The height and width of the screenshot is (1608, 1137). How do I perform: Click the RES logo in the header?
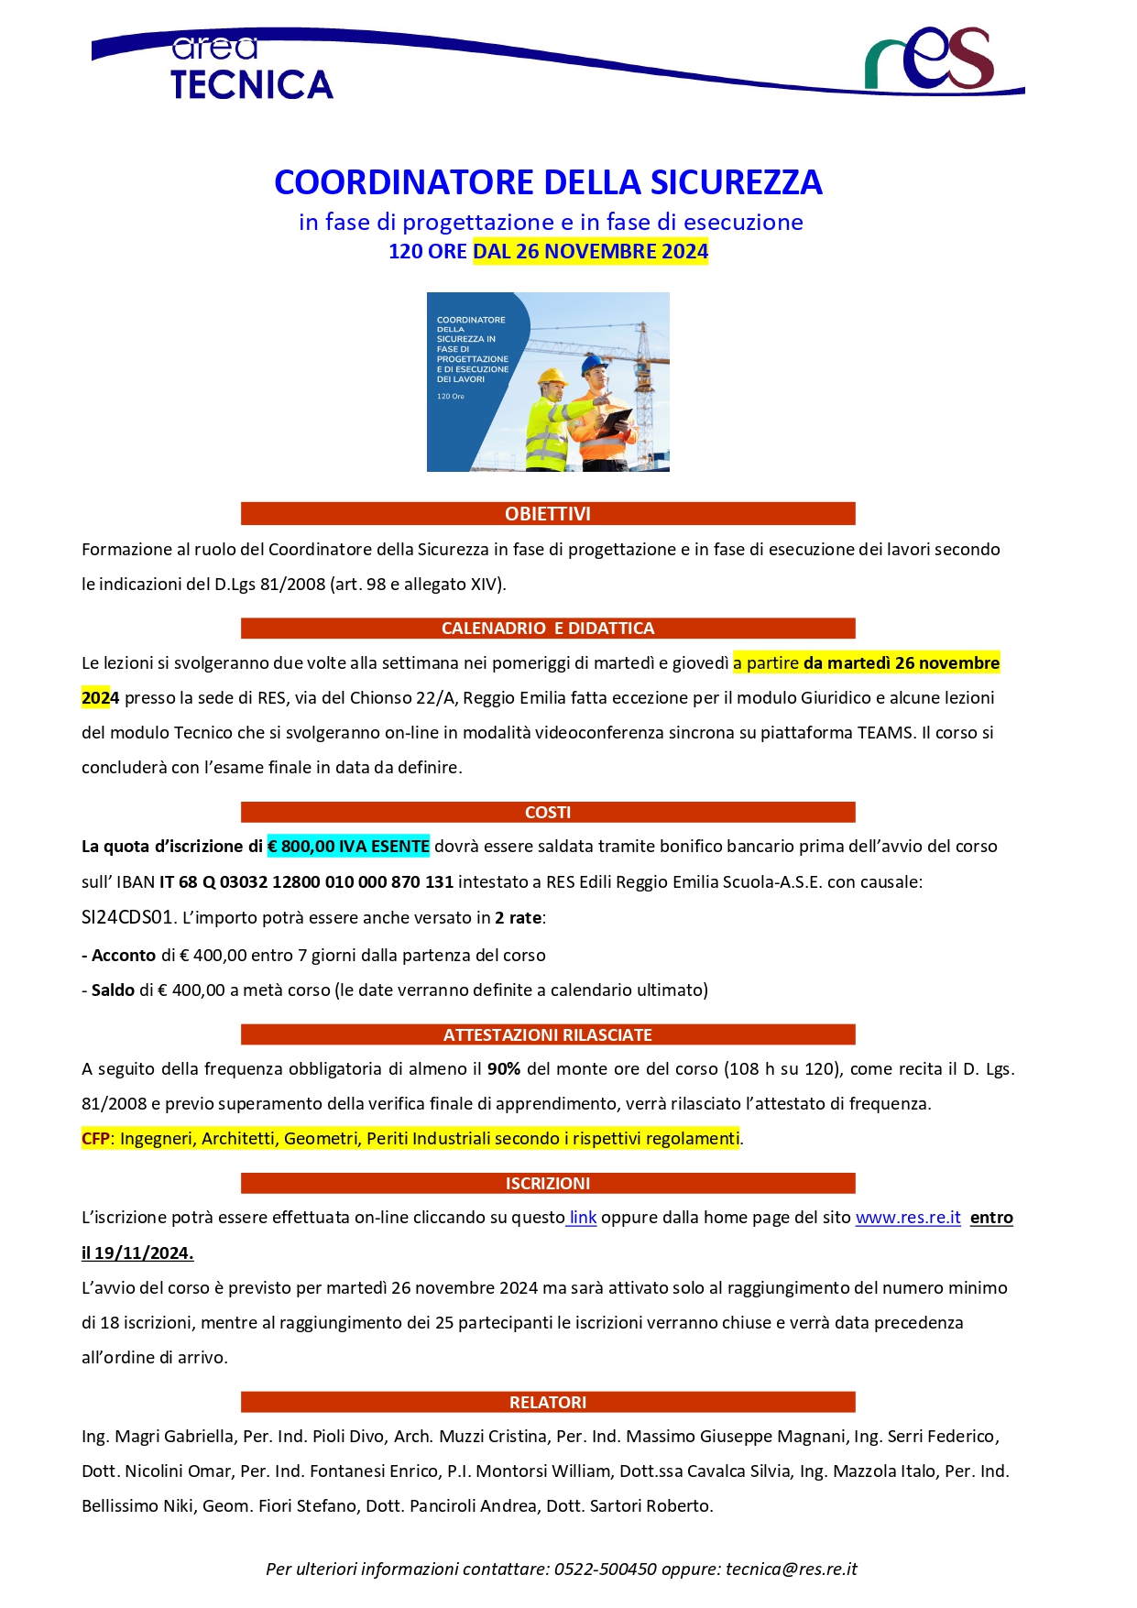pyautogui.click(x=929, y=60)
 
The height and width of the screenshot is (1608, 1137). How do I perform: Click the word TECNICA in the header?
pyautogui.click(x=252, y=85)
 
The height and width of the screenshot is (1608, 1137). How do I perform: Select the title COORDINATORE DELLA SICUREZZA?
pyautogui.click(x=548, y=182)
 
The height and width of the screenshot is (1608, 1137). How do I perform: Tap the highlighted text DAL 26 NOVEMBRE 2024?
pyautogui.click(x=590, y=252)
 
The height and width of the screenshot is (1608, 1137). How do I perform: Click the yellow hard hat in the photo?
pyautogui.click(x=552, y=377)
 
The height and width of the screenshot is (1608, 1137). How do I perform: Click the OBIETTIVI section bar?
pyautogui.click(x=548, y=514)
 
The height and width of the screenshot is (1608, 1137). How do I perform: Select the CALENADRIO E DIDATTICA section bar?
pyautogui.click(x=548, y=629)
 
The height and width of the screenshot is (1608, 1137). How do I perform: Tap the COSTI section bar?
pyautogui.click(x=548, y=813)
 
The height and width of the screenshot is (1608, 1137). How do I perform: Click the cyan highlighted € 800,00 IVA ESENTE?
pyautogui.click(x=348, y=847)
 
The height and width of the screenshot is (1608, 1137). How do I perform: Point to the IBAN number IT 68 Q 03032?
pyautogui.click(x=306, y=882)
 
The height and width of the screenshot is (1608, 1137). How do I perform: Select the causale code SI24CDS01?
pyautogui.click(x=127, y=917)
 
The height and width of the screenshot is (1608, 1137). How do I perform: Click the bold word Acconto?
pyautogui.click(x=124, y=956)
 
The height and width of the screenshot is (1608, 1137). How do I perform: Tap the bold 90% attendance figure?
pyautogui.click(x=504, y=1069)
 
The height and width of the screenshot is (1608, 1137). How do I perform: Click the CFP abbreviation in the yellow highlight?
pyautogui.click(x=95, y=1139)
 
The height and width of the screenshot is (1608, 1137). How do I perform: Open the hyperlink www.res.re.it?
pyautogui.click(x=908, y=1218)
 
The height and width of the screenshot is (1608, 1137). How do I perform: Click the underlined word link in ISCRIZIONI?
pyautogui.click(x=583, y=1218)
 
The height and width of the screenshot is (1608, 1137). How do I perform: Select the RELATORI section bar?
pyautogui.click(x=548, y=1403)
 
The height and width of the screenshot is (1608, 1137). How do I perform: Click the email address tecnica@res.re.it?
pyautogui.click(x=792, y=1570)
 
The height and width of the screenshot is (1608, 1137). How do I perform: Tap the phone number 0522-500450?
pyautogui.click(x=605, y=1570)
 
